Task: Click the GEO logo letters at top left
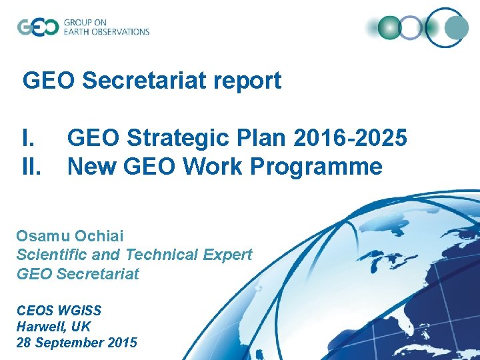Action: click(37, 27)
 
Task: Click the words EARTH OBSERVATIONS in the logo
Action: click(107, 31)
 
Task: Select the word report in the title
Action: click(251, 81)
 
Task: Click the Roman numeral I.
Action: click(28, 139)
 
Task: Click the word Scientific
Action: click(52, 255)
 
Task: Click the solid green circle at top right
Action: click(389, 28)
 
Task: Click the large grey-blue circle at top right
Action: click(457, 28)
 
